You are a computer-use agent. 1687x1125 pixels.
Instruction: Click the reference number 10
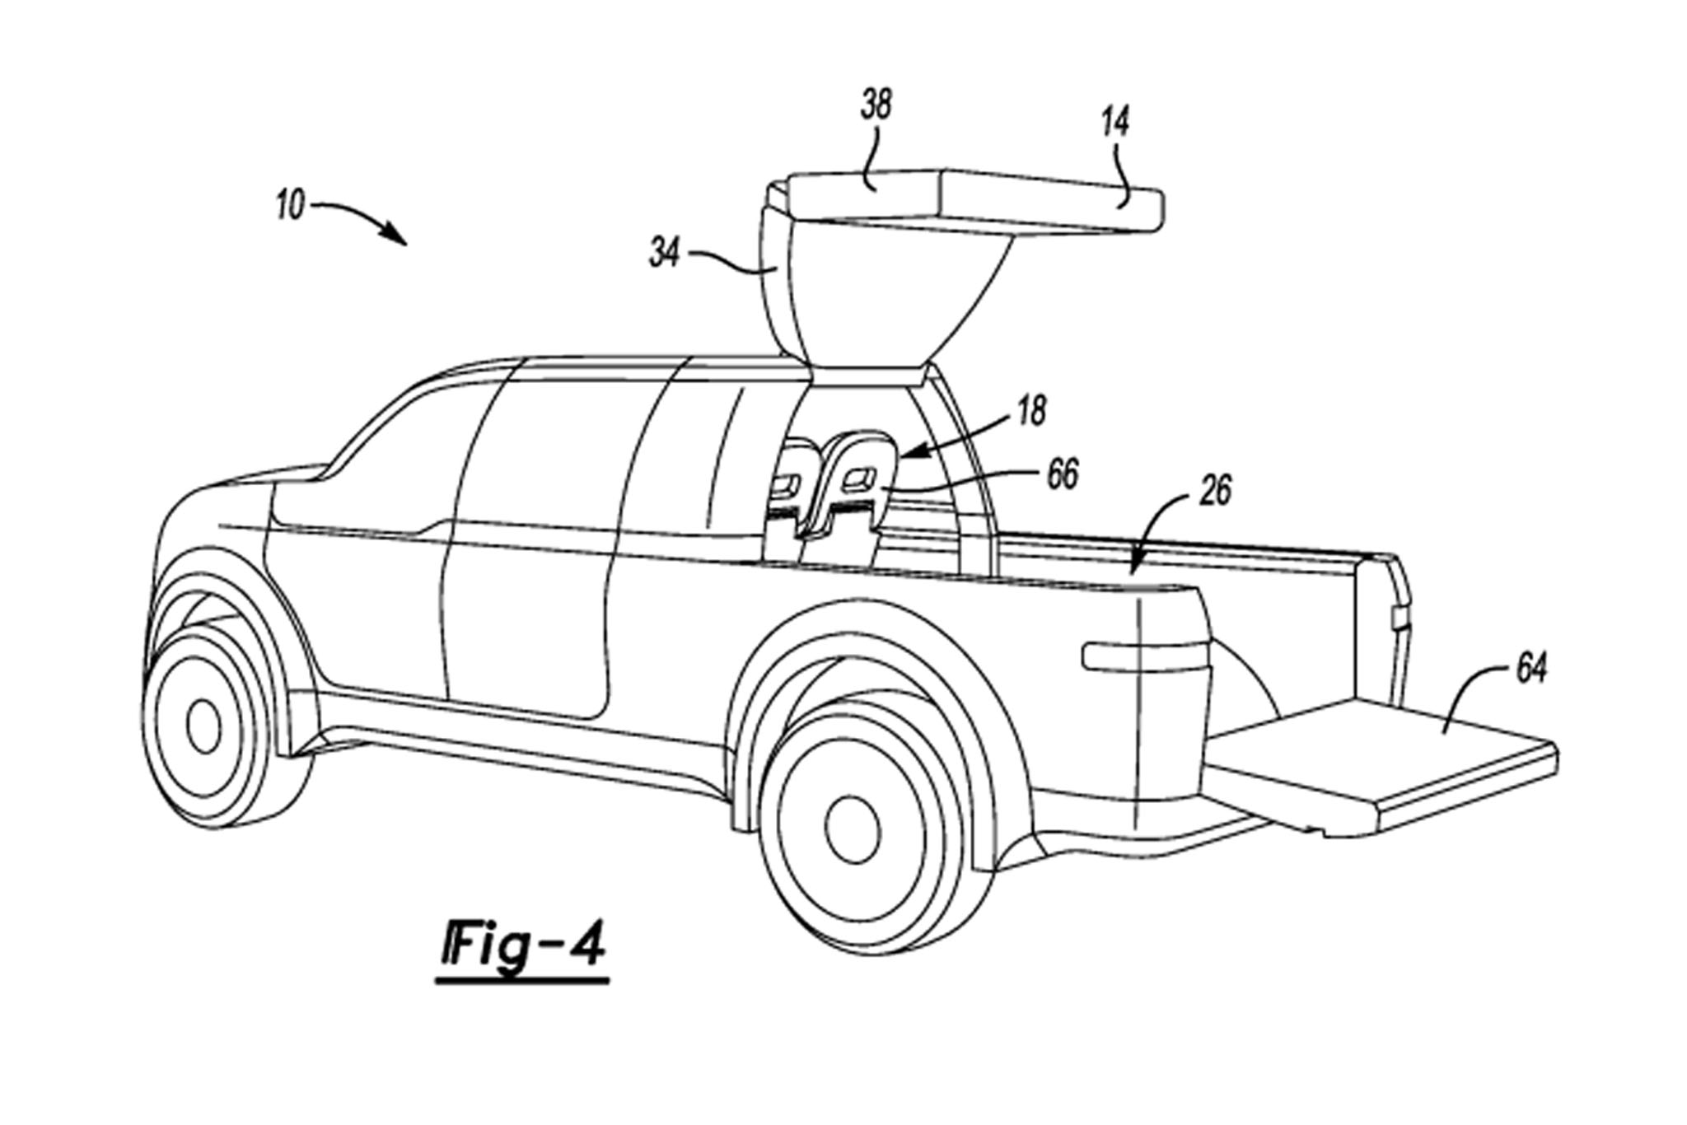click(x=291, y=205)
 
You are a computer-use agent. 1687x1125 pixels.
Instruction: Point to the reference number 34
click(x=665, y=254)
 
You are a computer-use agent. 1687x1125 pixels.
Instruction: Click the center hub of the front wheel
click(x=203, y=725)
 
